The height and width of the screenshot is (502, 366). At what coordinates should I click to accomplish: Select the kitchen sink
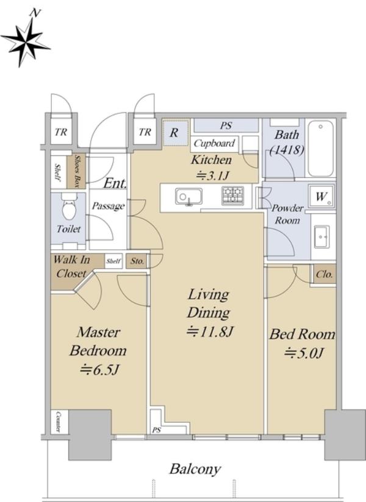188,196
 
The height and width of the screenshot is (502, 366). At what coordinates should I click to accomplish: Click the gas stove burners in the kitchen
232,196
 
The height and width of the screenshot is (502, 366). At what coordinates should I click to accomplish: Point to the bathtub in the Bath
320,148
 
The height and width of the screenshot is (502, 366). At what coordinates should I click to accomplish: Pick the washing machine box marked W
321,196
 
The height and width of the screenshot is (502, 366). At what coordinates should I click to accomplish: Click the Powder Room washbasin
321,237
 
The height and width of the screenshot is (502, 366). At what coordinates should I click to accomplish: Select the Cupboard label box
214,143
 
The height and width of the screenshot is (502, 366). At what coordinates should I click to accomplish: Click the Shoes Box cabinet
76,172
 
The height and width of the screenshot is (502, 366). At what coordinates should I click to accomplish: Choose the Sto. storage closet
137,261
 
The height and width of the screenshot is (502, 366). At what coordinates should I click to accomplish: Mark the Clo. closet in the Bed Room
325,274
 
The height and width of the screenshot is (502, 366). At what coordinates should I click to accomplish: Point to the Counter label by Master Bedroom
59,422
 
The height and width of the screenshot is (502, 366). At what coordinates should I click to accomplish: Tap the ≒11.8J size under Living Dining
209,331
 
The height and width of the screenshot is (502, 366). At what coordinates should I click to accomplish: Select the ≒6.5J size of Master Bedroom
99,369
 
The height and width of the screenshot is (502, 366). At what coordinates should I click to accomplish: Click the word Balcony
195,469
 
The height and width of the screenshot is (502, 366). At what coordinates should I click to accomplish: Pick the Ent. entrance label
115,183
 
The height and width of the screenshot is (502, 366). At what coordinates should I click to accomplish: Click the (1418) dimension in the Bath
287,149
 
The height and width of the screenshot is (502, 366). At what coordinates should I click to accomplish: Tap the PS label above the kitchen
226,125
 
